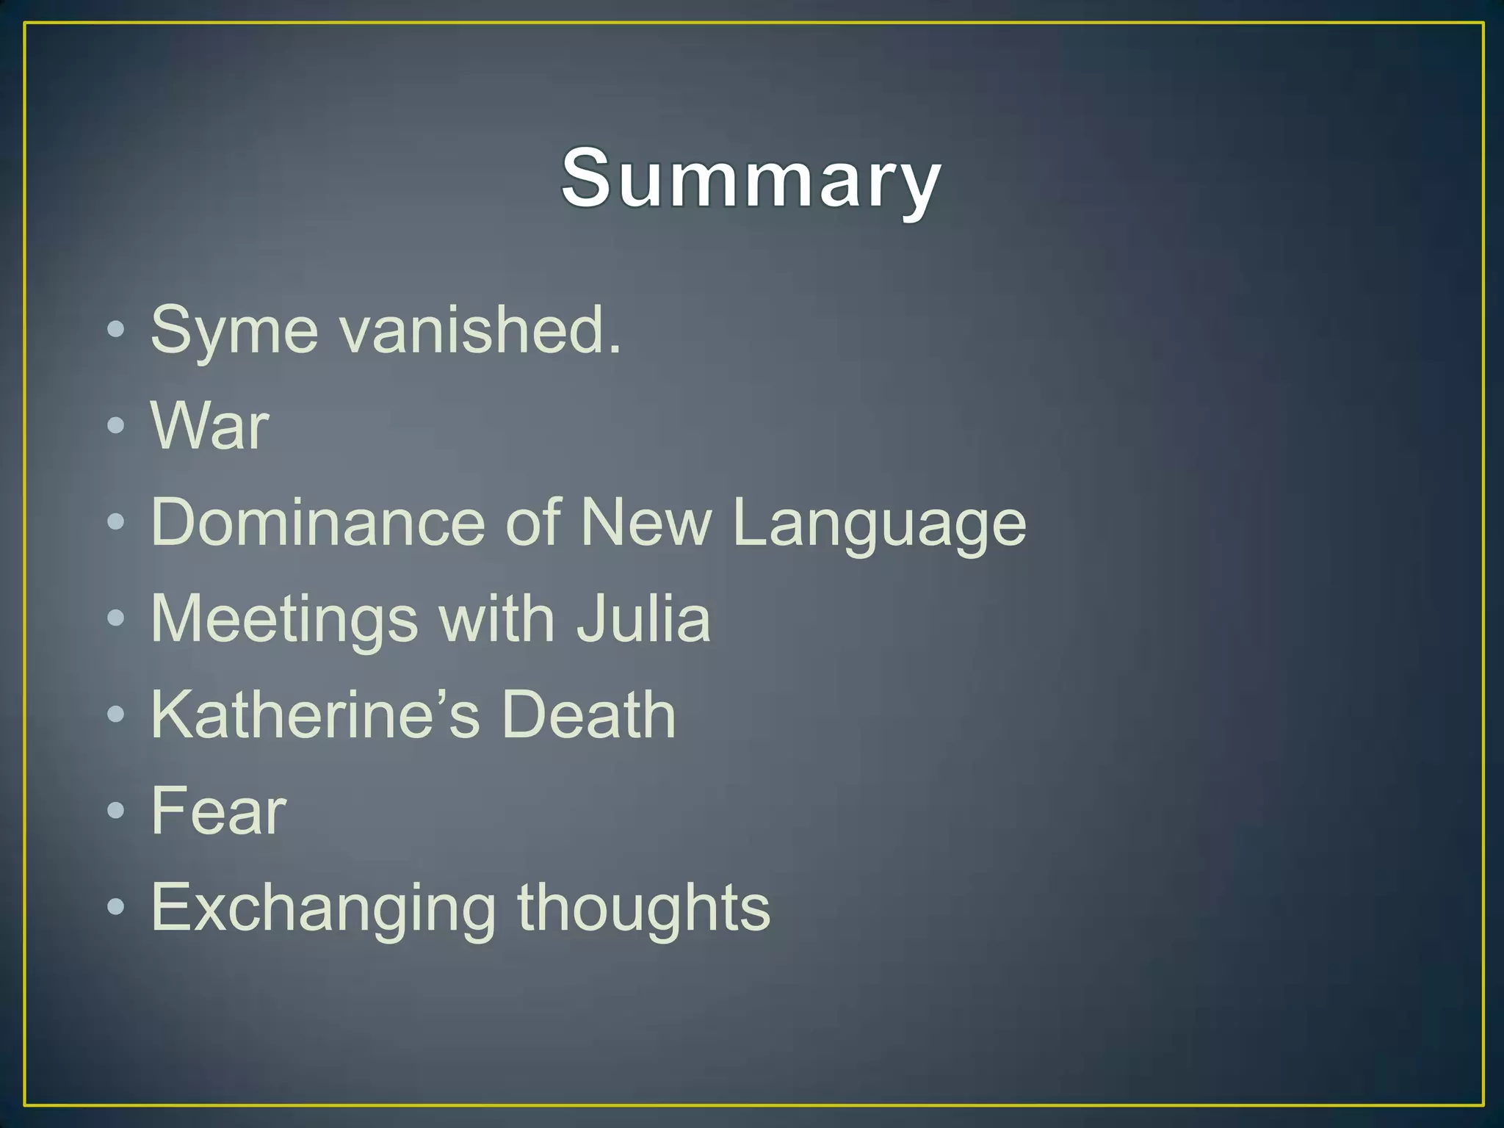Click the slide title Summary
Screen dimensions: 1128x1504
(751, 178)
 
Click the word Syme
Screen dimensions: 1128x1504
(234, 330)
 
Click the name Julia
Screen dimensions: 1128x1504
(643, 618)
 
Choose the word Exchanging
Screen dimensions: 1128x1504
(323, 909)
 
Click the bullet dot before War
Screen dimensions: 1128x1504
(116, 426)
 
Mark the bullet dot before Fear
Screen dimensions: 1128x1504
(116, 811)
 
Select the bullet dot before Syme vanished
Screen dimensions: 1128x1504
(116, 330)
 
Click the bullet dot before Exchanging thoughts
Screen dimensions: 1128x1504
(116, 907)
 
